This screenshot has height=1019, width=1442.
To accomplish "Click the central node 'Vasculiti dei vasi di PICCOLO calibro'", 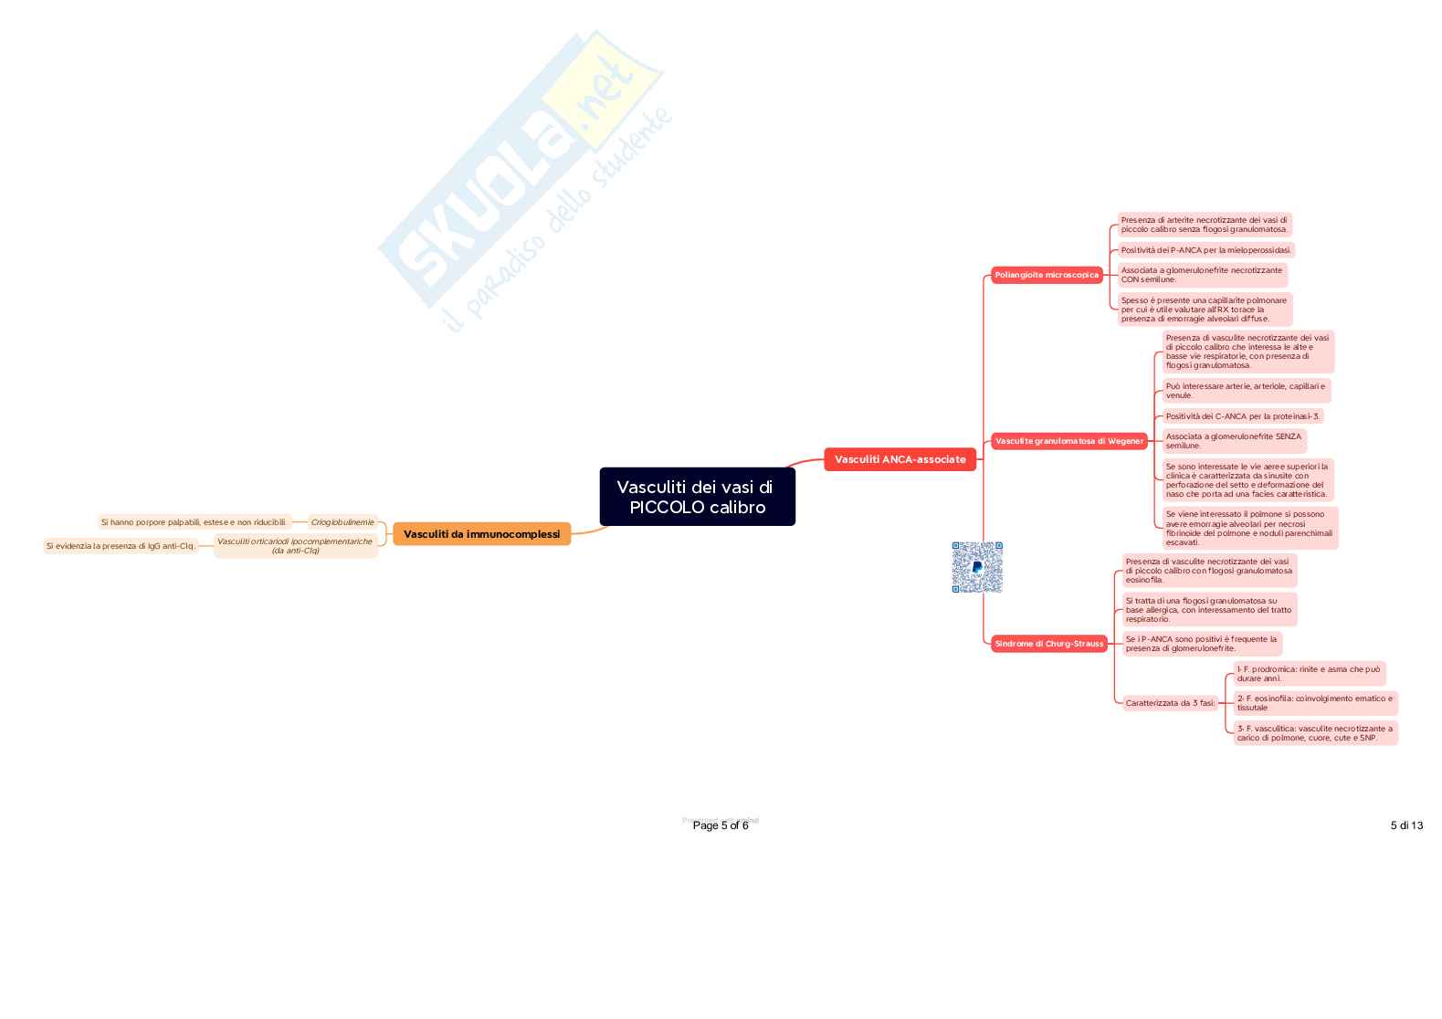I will [x=697, y=497].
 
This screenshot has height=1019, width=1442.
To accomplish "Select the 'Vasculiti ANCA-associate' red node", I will [x=900, y=459].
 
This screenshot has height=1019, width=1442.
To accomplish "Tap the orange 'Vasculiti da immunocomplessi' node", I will [x=481, y=534].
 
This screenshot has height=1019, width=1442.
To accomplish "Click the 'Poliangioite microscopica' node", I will [x=1047, y=275].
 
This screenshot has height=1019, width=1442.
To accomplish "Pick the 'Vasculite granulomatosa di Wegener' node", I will [x=1068, y=441].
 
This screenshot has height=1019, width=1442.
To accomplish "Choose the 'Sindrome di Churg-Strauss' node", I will [x=1048, y=644].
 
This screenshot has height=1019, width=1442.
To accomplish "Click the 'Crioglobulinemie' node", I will [x=342, y=522].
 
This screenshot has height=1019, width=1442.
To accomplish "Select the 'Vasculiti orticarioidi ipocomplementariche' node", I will [x=295, y=546].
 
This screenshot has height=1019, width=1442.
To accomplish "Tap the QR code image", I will [x=977, y=567].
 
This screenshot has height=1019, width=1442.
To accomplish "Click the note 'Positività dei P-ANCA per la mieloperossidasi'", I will [x=1205, y=250].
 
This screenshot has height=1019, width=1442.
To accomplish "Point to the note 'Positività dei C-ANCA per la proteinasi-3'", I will [x=1242, y=416].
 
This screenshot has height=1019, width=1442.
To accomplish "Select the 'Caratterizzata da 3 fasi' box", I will [x=1170, y=703].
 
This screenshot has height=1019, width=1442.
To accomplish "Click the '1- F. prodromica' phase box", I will [x=1309, y=674].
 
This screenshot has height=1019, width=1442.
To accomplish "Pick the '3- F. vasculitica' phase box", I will [x=1315, y=733].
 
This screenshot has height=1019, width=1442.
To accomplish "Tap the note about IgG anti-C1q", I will [x=121, y=546].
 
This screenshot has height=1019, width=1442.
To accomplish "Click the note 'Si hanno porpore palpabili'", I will [x=194, y=522].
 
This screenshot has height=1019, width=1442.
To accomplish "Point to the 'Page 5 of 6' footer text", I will [x=721, y=825].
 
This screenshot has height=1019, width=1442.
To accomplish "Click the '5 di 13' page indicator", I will [x=1406, y=825].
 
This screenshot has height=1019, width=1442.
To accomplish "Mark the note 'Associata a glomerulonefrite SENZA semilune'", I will [x=1234, y=441].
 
